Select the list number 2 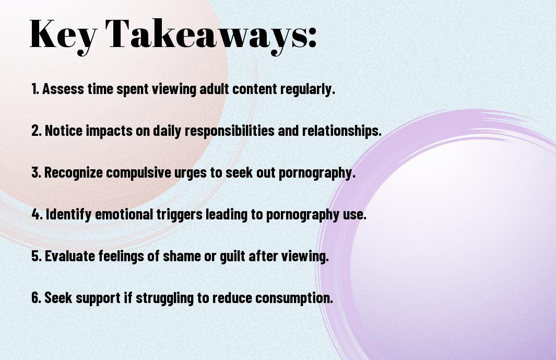tap(36, 131)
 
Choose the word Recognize tap(74, 173)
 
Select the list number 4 tap(37, 214)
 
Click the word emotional tap(124, 214)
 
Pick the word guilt tap(233, 257)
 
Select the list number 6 tap(36, 297)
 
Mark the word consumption tap(294, 298)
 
